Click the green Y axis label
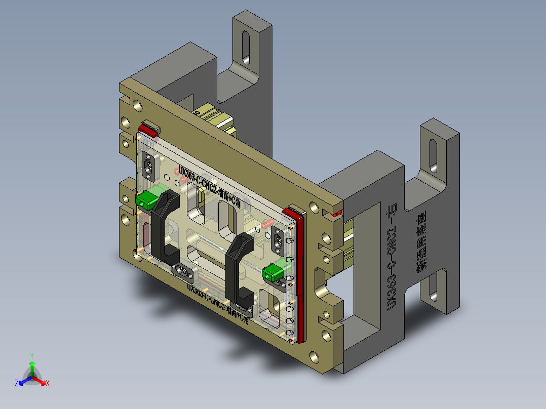pyautogui.click(x=31, y=355)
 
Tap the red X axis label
pyautogui.click(x=47, y=384)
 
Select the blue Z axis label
pyautogui.click(x=16, y=384)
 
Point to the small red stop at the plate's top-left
pyautogui.click(x=148, y=129)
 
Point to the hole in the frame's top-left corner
pyautogui.click(x=136, y=105)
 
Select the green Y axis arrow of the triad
pyautogui.click(x=31, y=369)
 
